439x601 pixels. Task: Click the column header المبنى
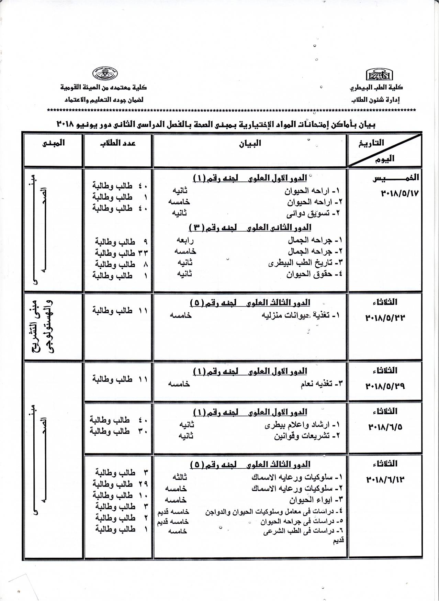(x=53, y=143)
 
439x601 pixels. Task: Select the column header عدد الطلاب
(x=117, y=143)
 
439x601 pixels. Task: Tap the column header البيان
(x=250, y=143)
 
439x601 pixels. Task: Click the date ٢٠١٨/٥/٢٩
(x=385, y=386)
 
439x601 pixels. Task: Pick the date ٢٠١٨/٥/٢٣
(x=385, y=318)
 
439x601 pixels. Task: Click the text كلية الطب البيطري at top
(x=376, y=87)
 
